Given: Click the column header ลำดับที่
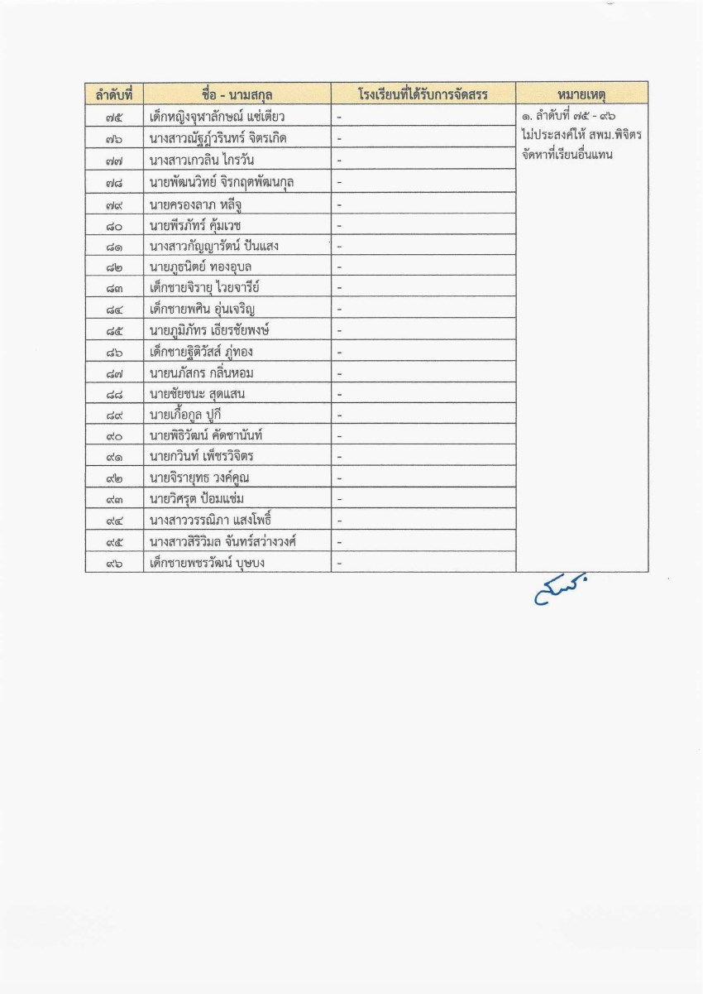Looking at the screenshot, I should point(114,94).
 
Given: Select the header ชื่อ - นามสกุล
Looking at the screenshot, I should point(237,94).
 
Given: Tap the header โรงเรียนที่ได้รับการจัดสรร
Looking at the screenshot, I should point(423,94).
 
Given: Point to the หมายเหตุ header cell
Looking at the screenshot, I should point(581,94).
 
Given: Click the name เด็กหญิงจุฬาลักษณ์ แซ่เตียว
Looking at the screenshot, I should point(218,116).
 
